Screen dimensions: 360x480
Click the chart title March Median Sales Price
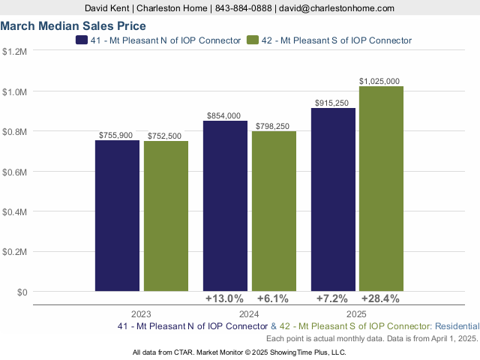[x=73, y=26]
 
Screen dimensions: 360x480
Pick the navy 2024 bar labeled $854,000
[x=225, y=205]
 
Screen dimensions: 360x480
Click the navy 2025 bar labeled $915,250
[x=333, y=199]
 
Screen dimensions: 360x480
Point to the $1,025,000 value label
[x=379, y=81]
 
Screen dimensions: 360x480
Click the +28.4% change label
[x=379, y=298]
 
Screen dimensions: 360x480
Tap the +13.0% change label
[x=225, y=298]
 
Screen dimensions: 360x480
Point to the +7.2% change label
[x=333, y=298]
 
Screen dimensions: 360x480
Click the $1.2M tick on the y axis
[x=15, y=52]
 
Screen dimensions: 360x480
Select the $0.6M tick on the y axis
[x=15, y=172]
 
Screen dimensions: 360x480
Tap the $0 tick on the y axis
[x=22, y=292]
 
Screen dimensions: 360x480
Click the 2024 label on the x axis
[x=249, y=314]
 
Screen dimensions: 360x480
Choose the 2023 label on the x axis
[x=141, y=314]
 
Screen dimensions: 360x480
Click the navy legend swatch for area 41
[x=82, y=40]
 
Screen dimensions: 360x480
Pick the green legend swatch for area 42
[x=253, y=40]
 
